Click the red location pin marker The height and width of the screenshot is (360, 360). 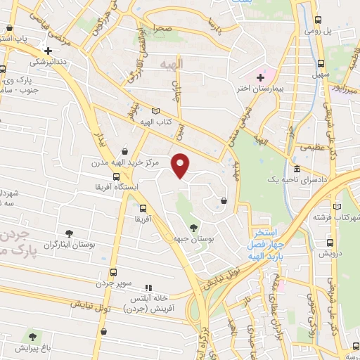181,166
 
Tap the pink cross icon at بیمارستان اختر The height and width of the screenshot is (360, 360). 260,76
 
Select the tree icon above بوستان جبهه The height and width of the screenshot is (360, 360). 193,226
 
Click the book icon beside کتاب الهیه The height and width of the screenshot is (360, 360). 155,111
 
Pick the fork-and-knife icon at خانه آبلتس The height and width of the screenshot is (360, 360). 148,288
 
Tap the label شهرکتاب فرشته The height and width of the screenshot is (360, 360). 335,217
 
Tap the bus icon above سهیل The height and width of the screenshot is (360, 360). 321,60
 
